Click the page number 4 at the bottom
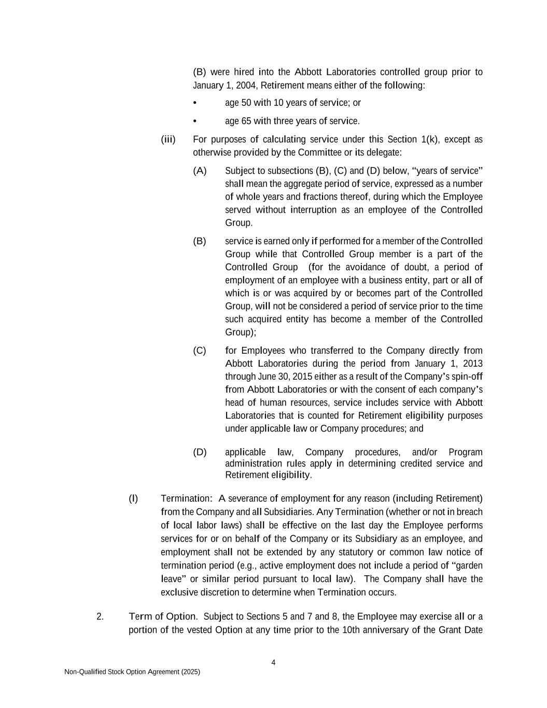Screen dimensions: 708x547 [273, 662]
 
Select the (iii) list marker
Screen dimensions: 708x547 [168, 140]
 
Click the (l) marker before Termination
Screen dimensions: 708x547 [133, 498]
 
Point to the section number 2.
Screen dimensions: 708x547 [100, 617]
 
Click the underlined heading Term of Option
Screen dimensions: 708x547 [162, 617]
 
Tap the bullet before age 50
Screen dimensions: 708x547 [194, 103]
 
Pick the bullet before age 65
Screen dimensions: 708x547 [194, 121]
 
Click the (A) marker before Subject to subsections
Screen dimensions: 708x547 [200, 171]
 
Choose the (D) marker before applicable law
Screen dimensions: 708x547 [200, 452]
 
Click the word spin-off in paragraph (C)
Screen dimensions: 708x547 [469, 377]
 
